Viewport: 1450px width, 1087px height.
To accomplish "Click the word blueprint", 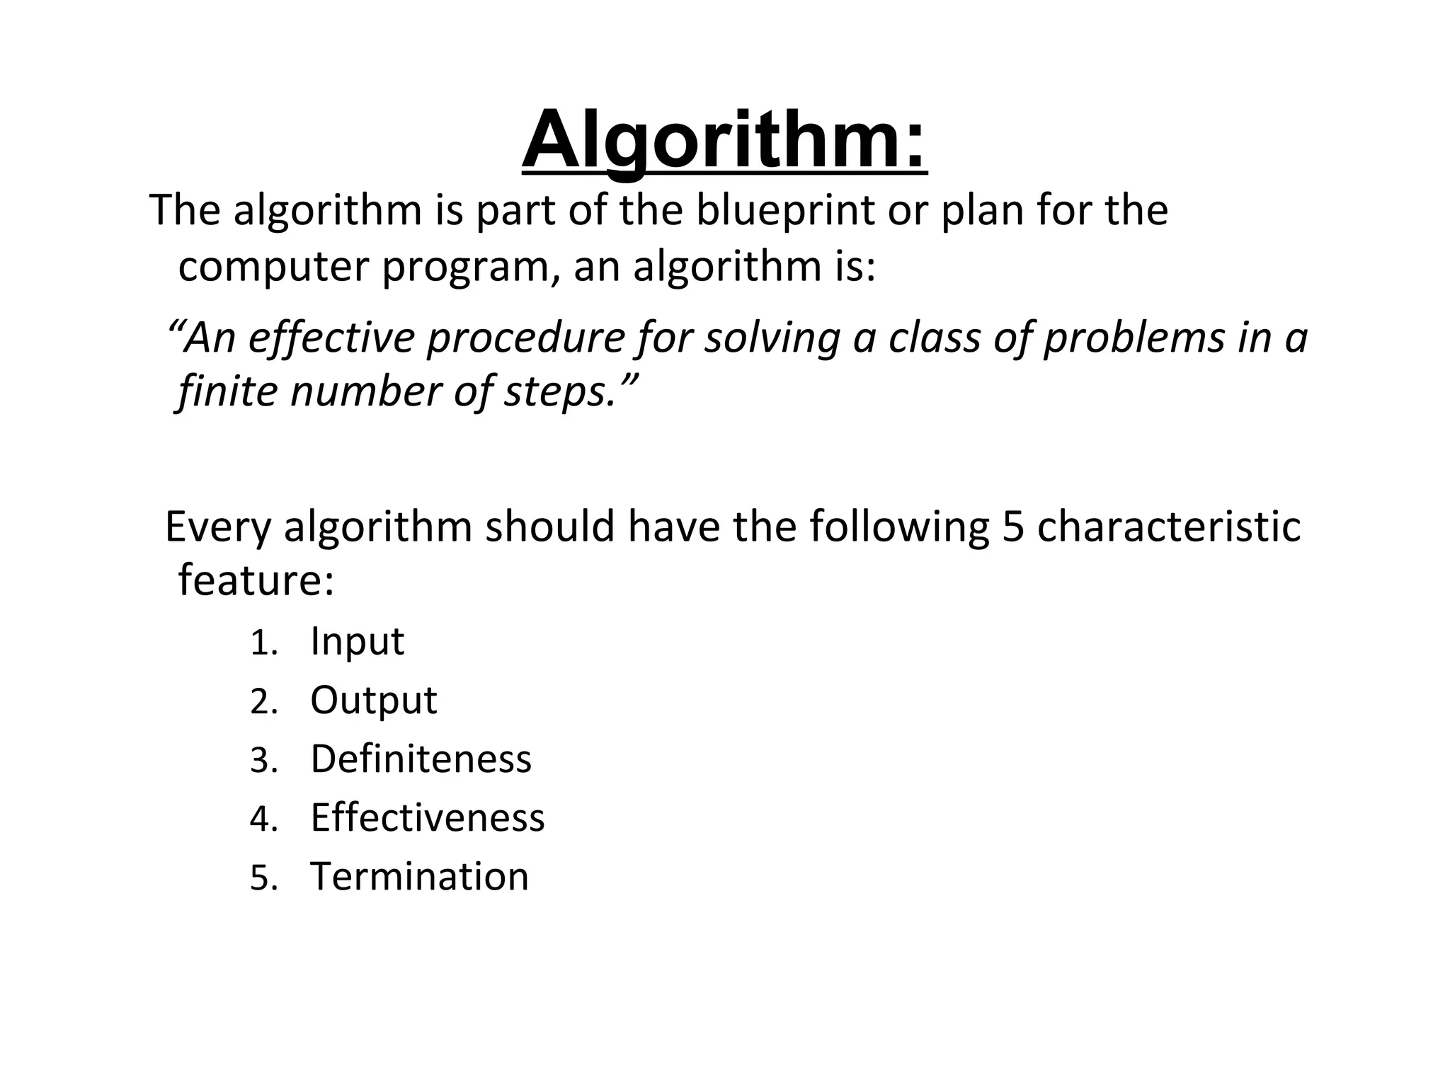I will point(785,210).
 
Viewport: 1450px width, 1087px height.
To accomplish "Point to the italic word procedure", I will point(525,338).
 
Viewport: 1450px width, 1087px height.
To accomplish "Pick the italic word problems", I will point(1134,338).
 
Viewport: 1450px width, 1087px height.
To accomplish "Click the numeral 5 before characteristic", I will point(1014,527).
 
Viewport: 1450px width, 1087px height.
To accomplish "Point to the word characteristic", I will point(1169,527).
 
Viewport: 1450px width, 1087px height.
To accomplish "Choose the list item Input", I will point(357,641).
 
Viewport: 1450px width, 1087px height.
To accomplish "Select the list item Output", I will point(373,701).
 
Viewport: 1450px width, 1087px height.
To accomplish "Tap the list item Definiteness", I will point(421,759).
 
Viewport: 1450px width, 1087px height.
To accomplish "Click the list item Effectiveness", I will point(428,817).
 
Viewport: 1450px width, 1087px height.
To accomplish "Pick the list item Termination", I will point(419,876).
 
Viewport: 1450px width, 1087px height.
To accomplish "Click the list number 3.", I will point(263,761).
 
